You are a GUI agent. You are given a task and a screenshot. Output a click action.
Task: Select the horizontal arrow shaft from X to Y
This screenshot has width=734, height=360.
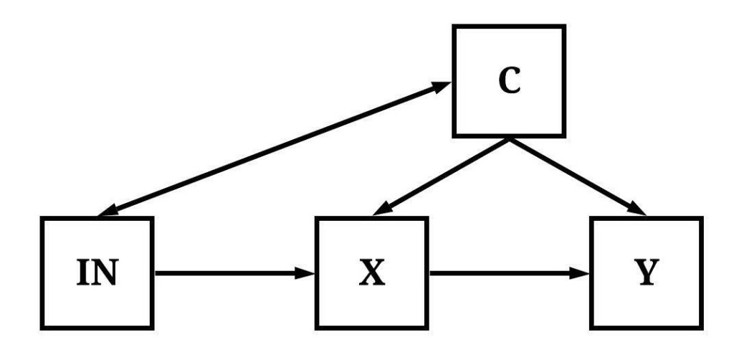502,273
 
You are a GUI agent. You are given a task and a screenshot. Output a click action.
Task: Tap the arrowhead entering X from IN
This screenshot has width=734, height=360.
307,273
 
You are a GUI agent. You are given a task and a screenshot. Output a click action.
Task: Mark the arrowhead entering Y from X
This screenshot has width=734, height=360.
582,273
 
